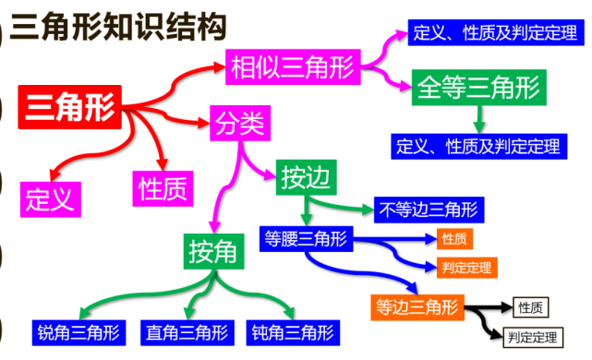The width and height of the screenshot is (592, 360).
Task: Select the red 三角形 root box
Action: [69, 107]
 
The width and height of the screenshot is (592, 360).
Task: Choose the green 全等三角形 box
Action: [477, 88]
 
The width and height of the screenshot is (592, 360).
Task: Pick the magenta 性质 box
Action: [163, 187]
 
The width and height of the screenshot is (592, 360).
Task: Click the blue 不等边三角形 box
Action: [429, 210]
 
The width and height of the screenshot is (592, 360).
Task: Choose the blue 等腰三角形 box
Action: [305, 238]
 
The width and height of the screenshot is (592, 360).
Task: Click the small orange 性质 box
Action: [454, 239]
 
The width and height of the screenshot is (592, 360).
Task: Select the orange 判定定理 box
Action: [466, 268]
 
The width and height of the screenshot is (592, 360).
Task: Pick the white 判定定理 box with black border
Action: [533, 335]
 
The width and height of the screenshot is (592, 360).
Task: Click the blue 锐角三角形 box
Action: [79, 331]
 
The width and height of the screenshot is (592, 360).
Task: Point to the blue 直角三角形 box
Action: [187, 331]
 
